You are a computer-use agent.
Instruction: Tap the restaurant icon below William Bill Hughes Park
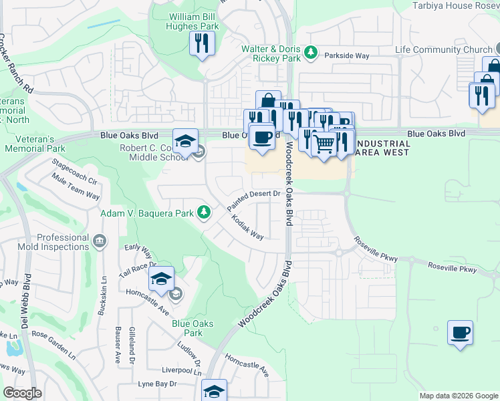201,44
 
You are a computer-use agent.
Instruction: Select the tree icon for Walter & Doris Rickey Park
310,51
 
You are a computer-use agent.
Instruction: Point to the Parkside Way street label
347,57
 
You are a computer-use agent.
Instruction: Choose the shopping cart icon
324,142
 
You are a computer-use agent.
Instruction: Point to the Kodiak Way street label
247,227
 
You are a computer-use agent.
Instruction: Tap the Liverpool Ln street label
181,370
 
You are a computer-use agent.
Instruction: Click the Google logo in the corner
22,393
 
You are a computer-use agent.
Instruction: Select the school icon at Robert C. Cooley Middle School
185,140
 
